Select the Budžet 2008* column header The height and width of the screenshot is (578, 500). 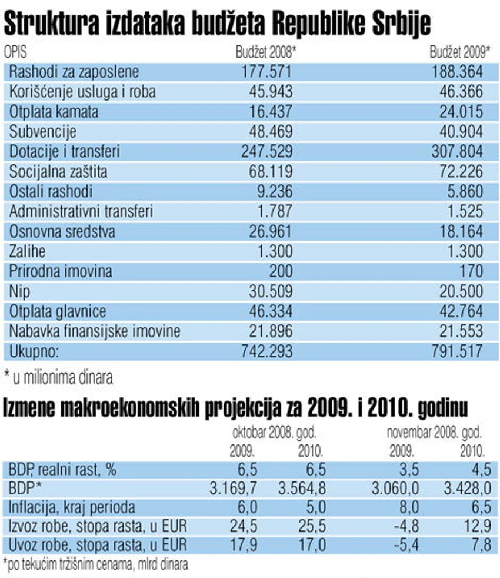[266, 52]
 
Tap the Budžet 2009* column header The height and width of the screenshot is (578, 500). [460, 52]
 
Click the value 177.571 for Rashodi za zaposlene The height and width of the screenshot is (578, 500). [266, 71]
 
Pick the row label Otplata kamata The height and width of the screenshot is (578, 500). [54, 112]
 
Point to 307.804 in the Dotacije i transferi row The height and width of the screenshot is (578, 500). [457, 151]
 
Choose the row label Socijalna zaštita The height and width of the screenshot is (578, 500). [58, 172]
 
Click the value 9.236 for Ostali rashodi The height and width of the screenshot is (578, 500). [275, 191]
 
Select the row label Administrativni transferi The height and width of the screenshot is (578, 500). [81, 211]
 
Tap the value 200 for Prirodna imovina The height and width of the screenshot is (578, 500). [281, 271]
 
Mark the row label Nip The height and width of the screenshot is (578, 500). [19, 291]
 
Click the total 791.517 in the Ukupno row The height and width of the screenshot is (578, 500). [457, 351]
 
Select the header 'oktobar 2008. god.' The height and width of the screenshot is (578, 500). [275, 433]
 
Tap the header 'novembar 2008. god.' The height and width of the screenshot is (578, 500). [435, 433]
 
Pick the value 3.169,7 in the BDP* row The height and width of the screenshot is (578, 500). [233, 489]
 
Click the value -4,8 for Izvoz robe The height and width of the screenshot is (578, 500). [406, 526]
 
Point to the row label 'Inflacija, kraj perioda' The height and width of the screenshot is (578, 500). [72, 507]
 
